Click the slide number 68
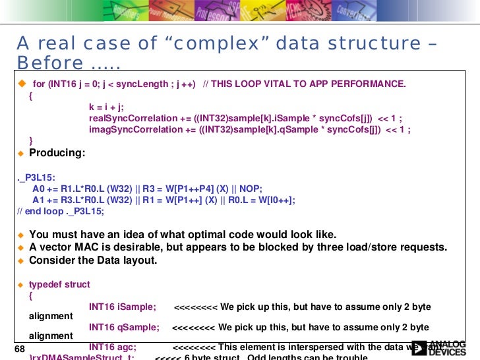click(18, 348)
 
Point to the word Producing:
click(57, 153)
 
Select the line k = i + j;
click(107, 107)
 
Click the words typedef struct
click(59, 285)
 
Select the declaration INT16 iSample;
click(122, 307)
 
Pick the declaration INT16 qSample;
click(124, 327)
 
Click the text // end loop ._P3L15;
click(61, 212)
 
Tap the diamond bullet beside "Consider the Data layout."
click(20, 260)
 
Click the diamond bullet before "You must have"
click(20, 235)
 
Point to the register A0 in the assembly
click(39, 189)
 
